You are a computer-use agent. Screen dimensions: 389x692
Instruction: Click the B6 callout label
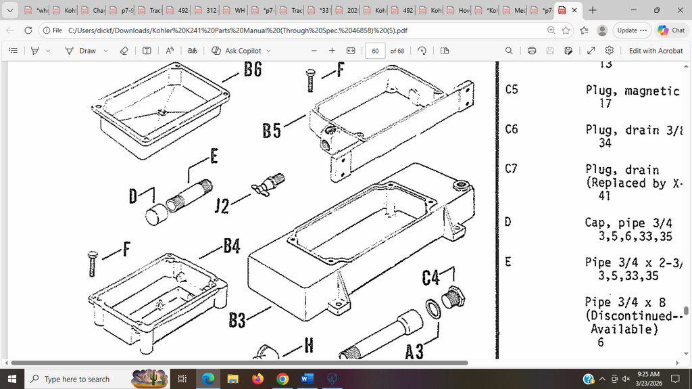(253, 69)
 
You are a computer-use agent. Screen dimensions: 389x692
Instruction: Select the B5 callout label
(272, 130)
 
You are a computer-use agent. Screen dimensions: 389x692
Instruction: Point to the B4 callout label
(232, 246)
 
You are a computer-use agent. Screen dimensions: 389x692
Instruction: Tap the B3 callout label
(237, 319)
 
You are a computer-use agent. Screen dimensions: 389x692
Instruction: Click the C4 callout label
(431, 277)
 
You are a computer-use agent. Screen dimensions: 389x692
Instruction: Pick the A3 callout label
(414, 351)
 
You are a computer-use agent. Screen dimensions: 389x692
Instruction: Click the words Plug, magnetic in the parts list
(632, 91)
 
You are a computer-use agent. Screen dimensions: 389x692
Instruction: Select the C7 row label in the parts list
(512, 169)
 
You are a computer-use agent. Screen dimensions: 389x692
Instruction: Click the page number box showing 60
(375, 51)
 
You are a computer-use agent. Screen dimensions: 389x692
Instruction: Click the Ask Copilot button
(241, 51)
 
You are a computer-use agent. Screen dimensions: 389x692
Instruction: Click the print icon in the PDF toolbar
(532, 51)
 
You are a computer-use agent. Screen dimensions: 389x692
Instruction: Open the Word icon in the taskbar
(307, 379)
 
